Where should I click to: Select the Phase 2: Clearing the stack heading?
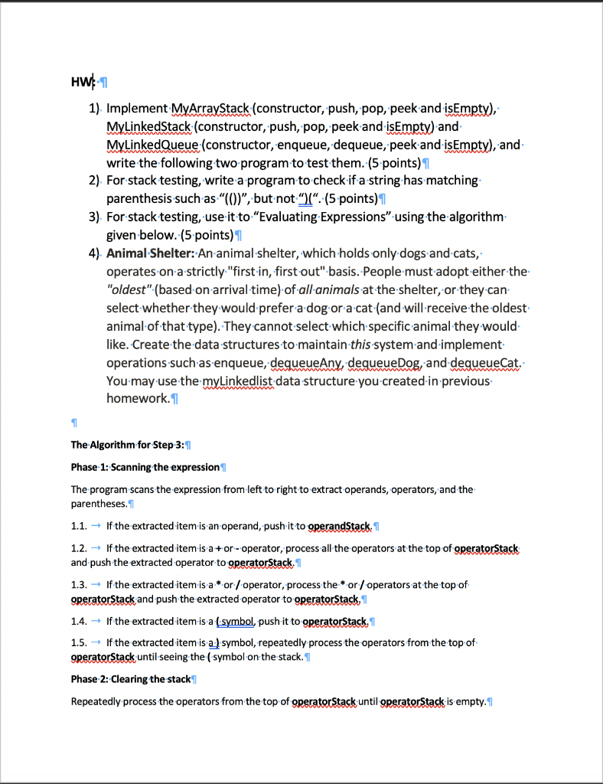pos(130,679)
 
